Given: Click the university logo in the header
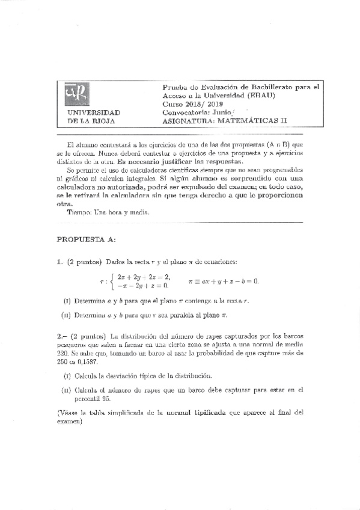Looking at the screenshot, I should point(76,95).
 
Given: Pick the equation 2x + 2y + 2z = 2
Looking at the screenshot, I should point(144,277).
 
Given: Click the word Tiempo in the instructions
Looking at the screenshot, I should point(78,212).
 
